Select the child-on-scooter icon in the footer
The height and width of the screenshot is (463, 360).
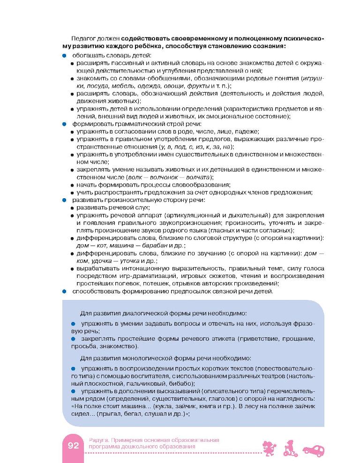(290, 448)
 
